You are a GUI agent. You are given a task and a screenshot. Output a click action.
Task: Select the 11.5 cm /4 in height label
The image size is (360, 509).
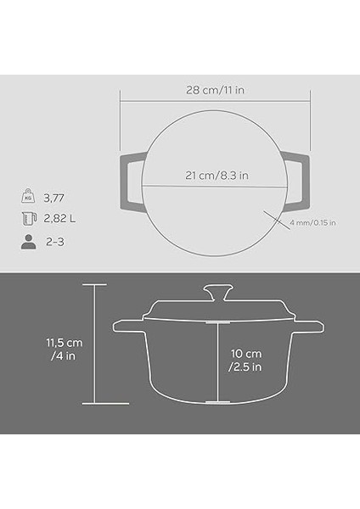pos(65,349)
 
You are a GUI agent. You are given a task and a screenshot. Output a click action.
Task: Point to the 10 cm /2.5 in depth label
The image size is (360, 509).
pos(246,360)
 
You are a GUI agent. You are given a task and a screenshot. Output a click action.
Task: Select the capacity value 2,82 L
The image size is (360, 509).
pos(60,219)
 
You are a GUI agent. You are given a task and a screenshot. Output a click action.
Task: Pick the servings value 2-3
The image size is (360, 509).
pos(54,241)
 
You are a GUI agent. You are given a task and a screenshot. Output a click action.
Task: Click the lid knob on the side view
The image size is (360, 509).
pos(218,294)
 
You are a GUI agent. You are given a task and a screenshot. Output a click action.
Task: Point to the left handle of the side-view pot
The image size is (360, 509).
pos(128,325)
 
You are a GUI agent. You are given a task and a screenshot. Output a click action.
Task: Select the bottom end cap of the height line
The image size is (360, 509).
pos(93,403)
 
